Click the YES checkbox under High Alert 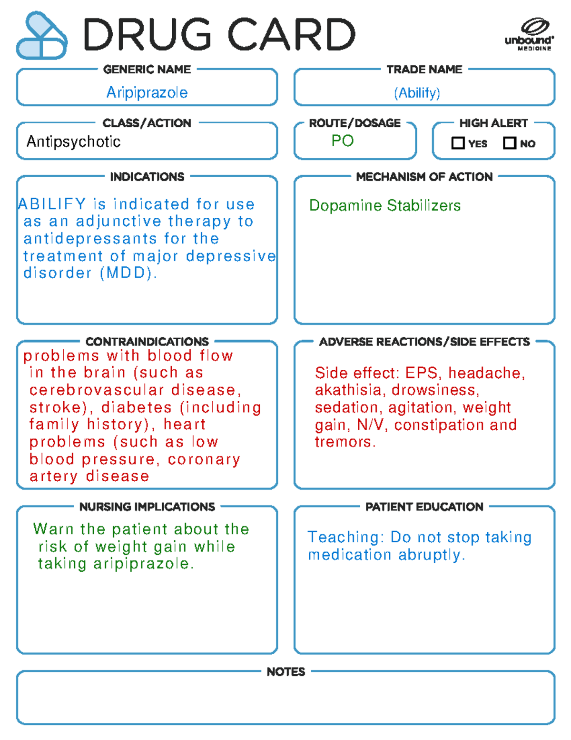[x=458, y=143]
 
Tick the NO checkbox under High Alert [x=510, y=143]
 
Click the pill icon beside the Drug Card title [x=42, y=35]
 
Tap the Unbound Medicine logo [x=529, y=34]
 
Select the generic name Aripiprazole [x=147, y=92]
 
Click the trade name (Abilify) [x=417, y=92]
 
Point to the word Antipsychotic [x=73, y=142]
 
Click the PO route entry [x=343, y=141]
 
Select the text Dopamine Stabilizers [x=384, y=205]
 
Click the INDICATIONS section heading [x=147, y=177]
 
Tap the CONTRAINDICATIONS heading [x=147, y=342]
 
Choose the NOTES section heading [x=285, y=671]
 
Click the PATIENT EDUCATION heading [x=424, y=507]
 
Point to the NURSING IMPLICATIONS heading [x=147, y=507]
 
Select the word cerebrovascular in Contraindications [x=97, y=390]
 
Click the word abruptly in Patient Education [x=432, y=555]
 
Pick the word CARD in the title [x=292, y=34]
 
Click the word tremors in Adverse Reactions [x=345, y=442]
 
